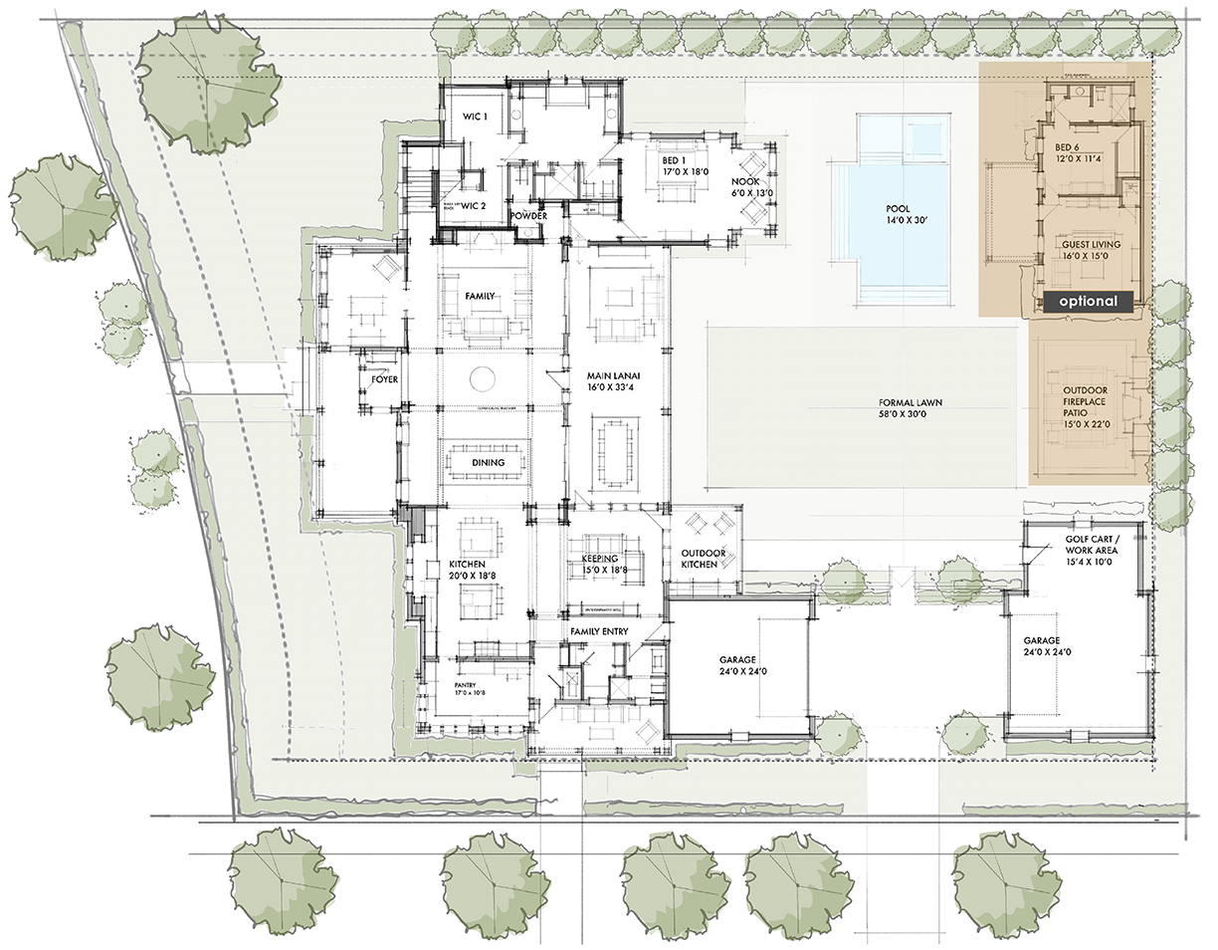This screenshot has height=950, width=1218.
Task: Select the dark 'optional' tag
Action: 1088,301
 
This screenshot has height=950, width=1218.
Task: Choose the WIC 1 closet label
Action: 475,118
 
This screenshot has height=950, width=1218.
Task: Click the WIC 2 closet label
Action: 473,205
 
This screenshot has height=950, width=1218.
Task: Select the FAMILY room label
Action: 481,296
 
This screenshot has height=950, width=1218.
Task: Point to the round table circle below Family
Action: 483,379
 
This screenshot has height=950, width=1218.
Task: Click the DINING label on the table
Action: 488,462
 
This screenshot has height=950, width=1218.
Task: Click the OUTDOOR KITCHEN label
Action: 699,559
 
